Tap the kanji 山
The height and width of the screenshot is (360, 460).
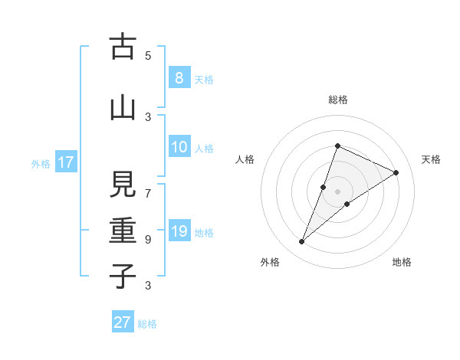tap(123, 108)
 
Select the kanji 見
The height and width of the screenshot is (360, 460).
tap(123, 185)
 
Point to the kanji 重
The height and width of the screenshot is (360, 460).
tap(123, 231)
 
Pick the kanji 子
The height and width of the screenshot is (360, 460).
tap(123, 277)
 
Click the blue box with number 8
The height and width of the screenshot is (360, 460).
tap(179, 78)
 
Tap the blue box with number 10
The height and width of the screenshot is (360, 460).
tap(179, 147)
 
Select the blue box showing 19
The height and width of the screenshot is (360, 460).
tap(179, 231)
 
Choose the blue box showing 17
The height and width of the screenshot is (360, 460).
tap(65, 162)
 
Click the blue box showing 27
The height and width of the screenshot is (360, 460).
tap(123, 322)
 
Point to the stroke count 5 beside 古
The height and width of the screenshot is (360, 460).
tap(148, 55)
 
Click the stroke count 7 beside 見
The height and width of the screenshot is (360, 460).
tap(148, 193)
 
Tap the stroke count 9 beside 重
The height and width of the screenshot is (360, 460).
tap(148, 239)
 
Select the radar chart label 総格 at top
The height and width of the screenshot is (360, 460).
tap(338, 100)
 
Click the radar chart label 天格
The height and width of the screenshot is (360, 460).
tap(432, 159)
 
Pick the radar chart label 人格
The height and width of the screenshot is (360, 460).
tap(245, 159)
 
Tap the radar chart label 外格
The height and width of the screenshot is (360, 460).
tap(270, 262)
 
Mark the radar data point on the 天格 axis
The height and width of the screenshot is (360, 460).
tap(396, 172)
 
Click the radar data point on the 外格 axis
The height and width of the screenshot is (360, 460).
tap(302, 242)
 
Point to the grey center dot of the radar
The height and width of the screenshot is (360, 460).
tap(338, 191)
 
